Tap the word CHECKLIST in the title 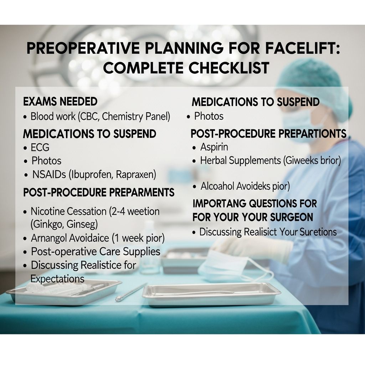click(x=220, y=68)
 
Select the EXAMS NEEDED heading click(x=60, y=102)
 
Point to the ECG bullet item click(x=40, y=147)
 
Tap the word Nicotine click(x=48, y=211)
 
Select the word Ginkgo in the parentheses click(x=47, y=225)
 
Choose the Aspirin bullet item click(x=214, y=147)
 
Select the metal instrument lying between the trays click(x=131, y=292)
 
